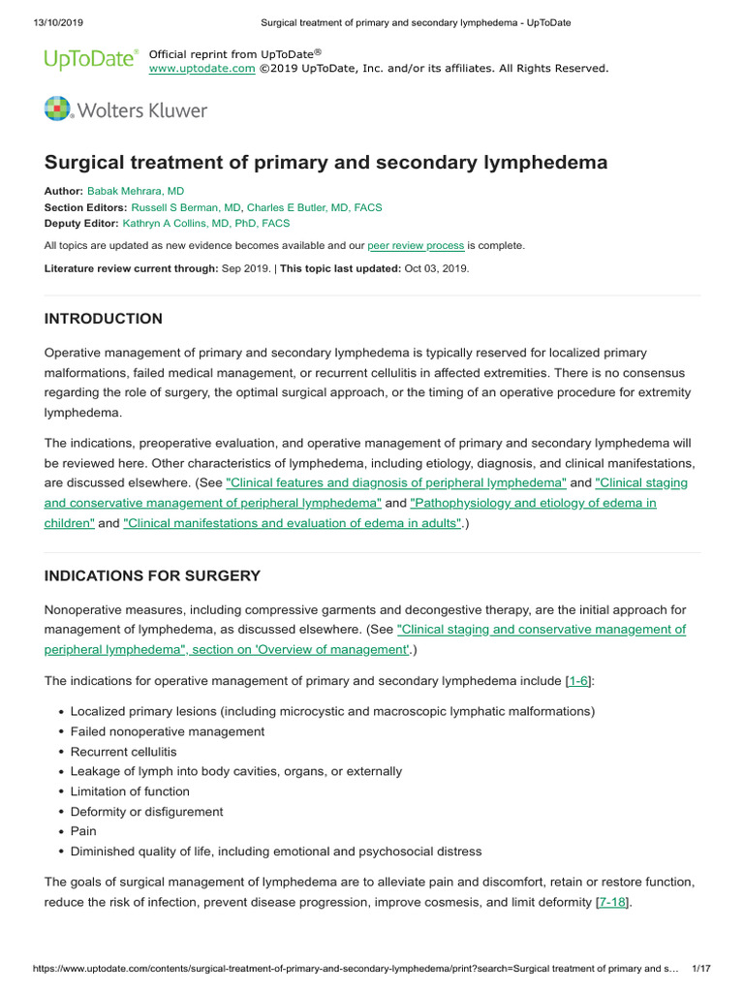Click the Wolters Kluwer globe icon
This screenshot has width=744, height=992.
point(58,109)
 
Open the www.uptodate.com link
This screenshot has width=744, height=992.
point(201,69)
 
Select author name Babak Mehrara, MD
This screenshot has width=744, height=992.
point(135,192)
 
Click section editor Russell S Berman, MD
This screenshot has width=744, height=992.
point(185,207)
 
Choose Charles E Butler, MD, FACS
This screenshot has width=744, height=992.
point(314,207)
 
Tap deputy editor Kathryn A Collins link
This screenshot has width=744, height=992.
point(206,223)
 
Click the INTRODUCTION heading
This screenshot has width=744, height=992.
point(104,319)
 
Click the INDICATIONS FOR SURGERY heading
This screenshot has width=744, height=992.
point(152,575)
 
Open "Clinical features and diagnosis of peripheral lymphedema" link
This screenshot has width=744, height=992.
point(395,482)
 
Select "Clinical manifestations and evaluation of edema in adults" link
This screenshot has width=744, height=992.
point(292,523)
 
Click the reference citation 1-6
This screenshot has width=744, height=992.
point(577,682)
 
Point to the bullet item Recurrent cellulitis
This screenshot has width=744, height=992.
point(123,752)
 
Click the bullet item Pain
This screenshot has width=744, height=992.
point(83,831)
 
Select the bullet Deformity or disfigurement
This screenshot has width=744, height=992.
point(146,812)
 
